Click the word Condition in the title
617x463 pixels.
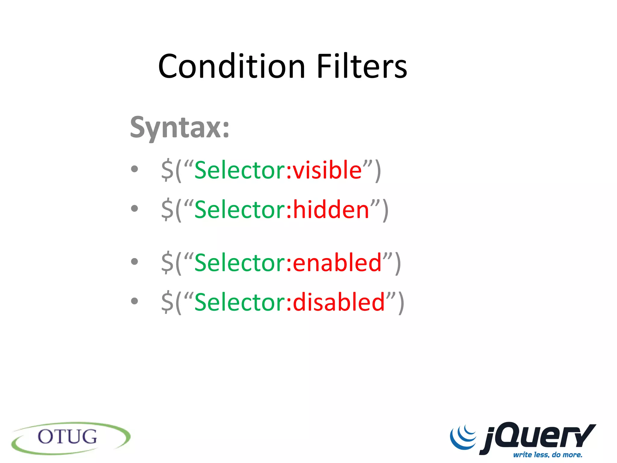pos(232,66)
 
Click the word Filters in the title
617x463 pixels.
pos(362,66)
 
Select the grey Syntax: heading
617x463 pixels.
pos(180,128)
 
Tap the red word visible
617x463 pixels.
pos(327,170)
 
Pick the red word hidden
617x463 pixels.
pos(331,209)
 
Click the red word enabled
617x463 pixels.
pos(337,262)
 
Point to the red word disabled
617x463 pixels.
pos(339,302)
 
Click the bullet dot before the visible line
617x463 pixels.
pos(134,169)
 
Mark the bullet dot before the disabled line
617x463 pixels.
pos(134,301)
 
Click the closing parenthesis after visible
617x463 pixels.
pos(378,171)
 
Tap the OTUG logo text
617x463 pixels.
pos(67,437)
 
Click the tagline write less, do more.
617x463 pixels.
pos(547,455)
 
